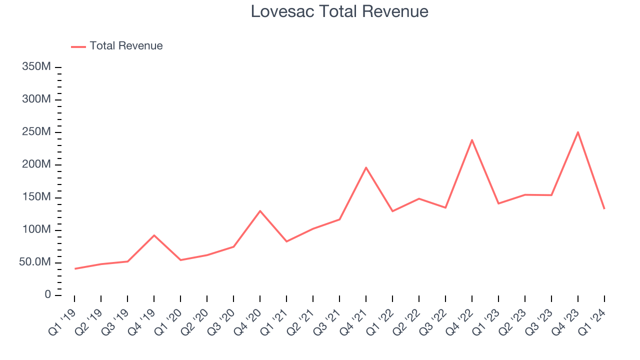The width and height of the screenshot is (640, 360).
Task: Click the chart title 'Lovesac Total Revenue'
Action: [x=339, y=11]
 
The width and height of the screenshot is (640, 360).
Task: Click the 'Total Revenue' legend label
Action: [x=126, y=46]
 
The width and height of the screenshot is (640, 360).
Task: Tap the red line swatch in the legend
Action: [x=78, y=46]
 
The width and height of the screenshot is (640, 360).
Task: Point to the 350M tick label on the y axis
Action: [x=36, y=67]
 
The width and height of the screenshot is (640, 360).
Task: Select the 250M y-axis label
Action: [x=36, y=132]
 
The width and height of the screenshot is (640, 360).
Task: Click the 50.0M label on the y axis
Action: [x=35, y=262]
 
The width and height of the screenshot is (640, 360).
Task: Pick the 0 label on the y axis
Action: [x=47, y=295]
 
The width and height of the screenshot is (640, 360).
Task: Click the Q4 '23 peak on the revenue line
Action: [x=578, y=132]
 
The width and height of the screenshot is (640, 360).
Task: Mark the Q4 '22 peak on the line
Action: [x=472, y=140]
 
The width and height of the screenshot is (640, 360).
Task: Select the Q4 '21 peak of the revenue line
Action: [x=366, y=167]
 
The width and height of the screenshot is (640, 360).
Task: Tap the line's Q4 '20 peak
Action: [x=260, y=211]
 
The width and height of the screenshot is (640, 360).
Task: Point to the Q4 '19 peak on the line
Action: [x=154, y=235]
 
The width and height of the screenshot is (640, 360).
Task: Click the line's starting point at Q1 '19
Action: [x=75, y=268]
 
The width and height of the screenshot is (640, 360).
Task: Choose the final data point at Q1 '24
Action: [x=604, y=208]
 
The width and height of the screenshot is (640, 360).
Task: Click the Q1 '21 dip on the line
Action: [x=286, y=241]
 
